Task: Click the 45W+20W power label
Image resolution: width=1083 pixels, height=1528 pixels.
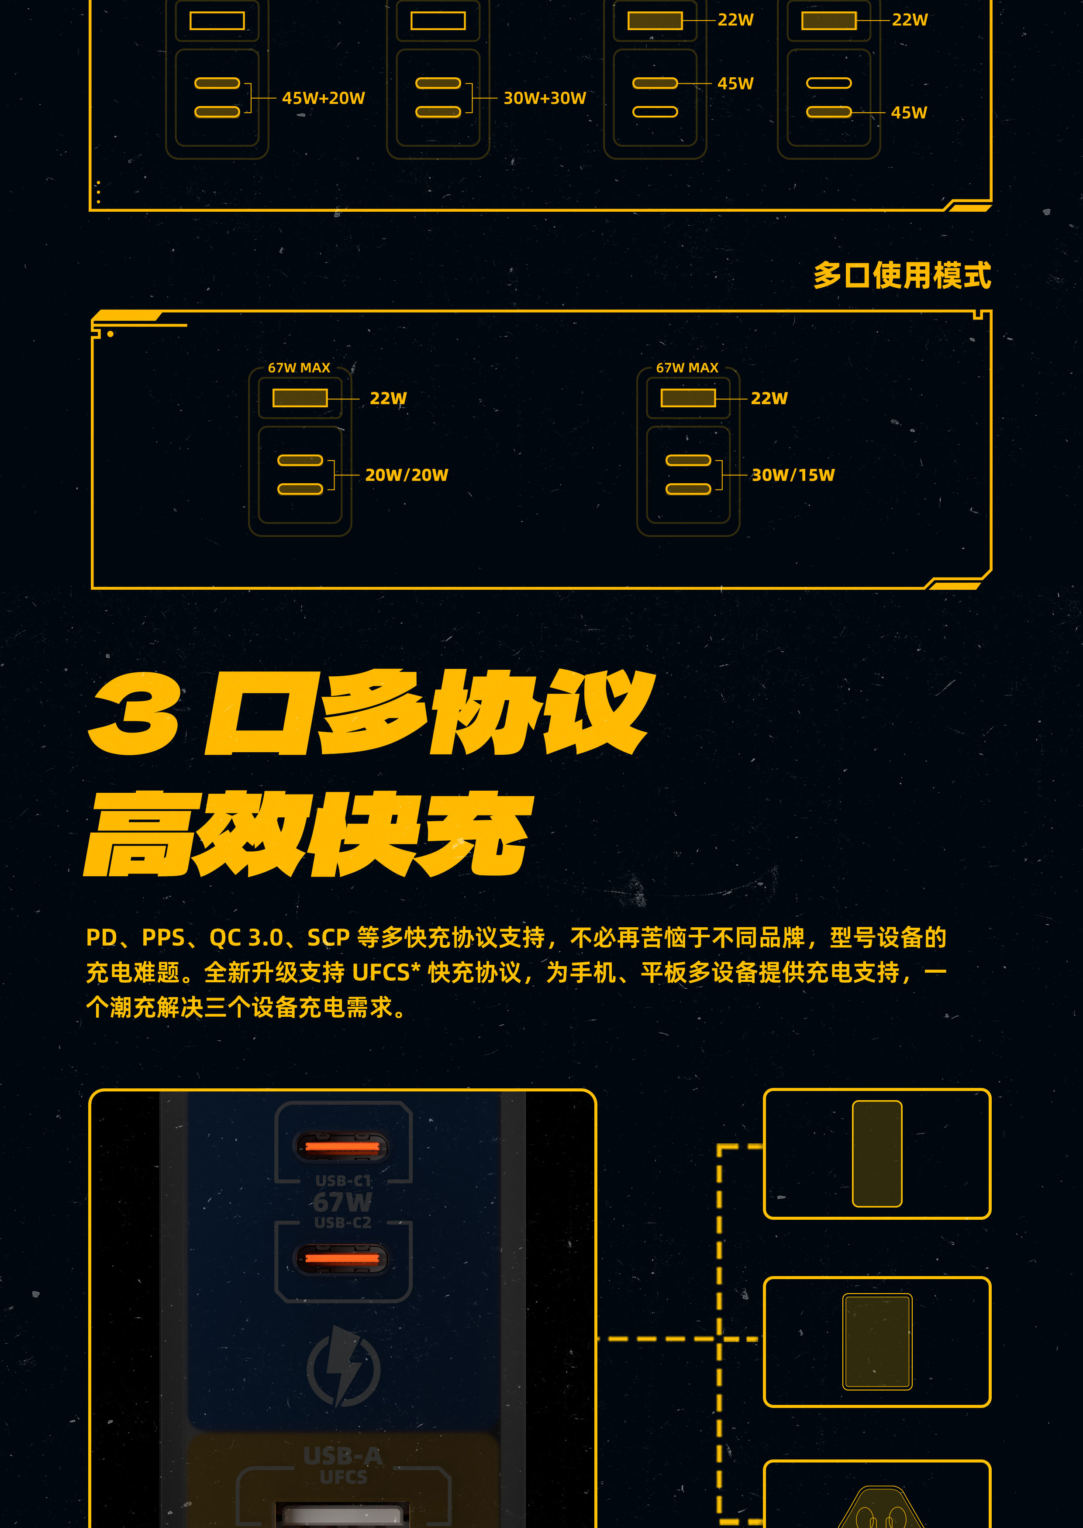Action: point(324,98)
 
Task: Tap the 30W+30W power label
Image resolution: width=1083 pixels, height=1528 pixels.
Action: point(545,98)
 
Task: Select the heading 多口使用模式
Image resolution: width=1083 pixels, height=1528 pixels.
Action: point(902,275)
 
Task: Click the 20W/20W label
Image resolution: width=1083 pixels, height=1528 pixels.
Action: point(407,475)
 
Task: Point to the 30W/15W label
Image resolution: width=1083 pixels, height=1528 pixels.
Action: point(793,475)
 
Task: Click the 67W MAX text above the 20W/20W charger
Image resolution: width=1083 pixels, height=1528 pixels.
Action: point(300,368)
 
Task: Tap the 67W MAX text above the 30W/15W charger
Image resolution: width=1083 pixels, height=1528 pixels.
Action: point(687,368)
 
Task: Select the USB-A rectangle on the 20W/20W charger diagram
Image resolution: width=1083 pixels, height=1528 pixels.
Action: point(300,398)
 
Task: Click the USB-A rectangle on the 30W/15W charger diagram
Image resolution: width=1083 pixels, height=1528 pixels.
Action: point(688,398)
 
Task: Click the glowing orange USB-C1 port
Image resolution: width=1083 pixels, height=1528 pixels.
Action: point(342,1147)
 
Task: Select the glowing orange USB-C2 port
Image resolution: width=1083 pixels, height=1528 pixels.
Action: point(342,1259)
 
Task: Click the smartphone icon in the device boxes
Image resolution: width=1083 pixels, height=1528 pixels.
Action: point(877,1154)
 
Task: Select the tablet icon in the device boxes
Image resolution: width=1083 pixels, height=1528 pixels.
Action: point(877,1341)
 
